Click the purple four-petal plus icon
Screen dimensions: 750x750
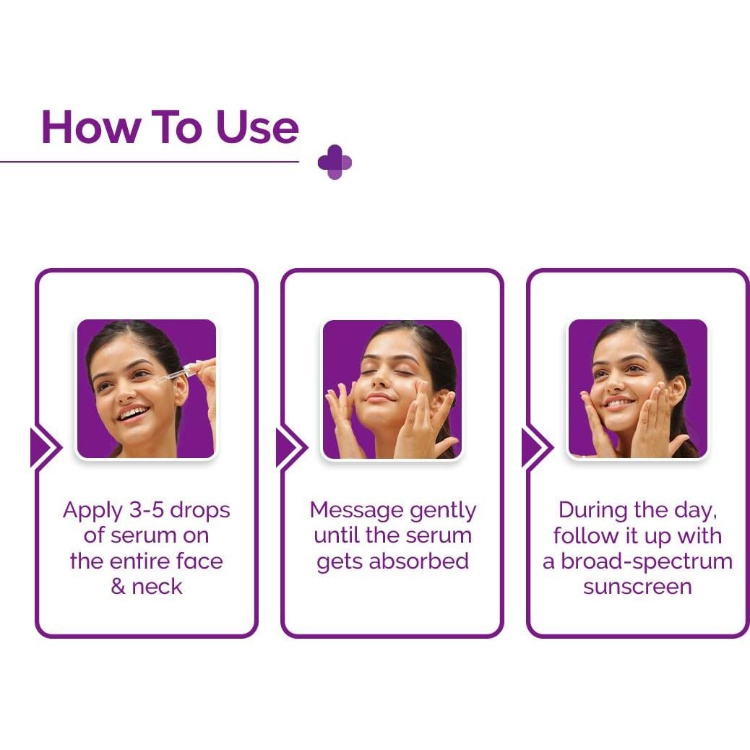(335, 162)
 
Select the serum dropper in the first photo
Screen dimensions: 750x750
(181, 375)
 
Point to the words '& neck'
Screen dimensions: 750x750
(147, 586)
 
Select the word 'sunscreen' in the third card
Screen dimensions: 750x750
(637, 586)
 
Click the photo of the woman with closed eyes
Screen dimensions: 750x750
(392, 389)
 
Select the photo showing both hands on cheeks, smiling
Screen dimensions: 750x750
(637, 389)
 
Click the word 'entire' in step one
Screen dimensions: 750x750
(141, 561)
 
